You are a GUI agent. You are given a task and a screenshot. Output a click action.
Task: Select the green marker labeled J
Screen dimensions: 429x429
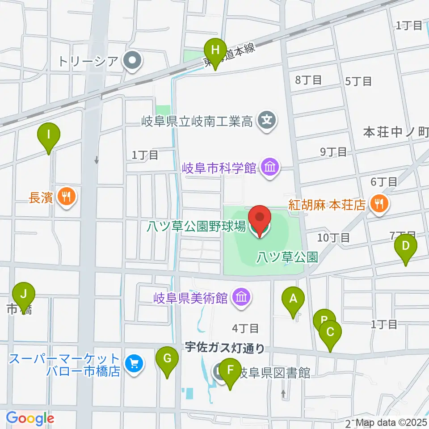(x=24, y=294)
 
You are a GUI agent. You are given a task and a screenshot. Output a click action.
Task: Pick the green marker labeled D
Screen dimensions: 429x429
(x=406, y=246)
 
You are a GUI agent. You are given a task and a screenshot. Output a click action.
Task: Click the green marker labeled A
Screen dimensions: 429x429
(x=293, y=299)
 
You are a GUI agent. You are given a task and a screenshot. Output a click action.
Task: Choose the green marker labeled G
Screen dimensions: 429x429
(x=167, y=358)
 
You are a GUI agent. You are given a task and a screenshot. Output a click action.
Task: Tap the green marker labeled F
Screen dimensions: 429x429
(x=231, y=370)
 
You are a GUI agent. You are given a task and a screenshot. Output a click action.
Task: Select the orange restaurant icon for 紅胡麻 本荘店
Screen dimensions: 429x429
(x=379, y=204)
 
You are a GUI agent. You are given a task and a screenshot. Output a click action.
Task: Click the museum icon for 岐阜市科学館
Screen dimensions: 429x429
(x=270, y=168)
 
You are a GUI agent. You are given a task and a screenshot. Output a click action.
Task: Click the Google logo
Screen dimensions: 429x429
(x=30, y=419)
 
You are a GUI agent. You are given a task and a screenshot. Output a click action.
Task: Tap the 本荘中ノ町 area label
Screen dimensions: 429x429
(x=395, y=132)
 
